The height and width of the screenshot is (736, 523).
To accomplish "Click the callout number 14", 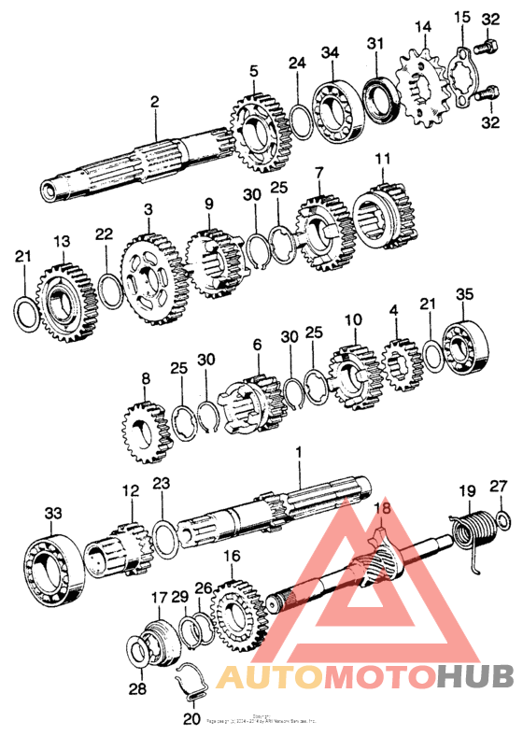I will click(423, 26).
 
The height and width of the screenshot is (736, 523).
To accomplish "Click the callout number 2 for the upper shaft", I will click(154, 101).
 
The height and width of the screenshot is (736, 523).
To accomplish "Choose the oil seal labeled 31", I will click(377, 97).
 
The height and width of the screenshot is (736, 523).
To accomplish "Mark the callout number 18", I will click(380, 507).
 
